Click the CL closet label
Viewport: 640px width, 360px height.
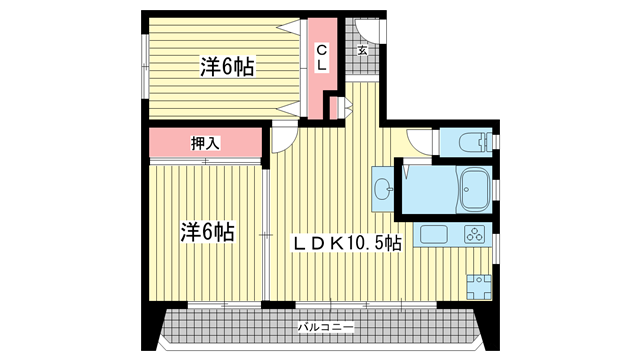pyautogui.click(x=322, y=57)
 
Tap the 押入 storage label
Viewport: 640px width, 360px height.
pyautogui.click(x=205, y=143)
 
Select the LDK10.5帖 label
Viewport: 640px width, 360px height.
pyautogui.click(x=346, y=243)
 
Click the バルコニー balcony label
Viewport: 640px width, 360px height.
pyautogui.click(x=325, y=327)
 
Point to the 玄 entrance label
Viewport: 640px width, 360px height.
pyautogui.click(x=362, y=50)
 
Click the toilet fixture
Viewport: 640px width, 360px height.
pyautogui.click(x=475, y=143)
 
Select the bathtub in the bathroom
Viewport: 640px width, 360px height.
pyautogui.click(x=475, y=189)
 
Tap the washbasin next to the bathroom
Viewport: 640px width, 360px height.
pyautogui.click(x=383, y=189)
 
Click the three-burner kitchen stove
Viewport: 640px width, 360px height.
pyautogui.click(x=474, y=235)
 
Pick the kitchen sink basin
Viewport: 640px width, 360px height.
pyautogui.click(x=434, y=235)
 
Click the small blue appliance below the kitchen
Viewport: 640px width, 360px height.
pyautogui.click(x=479, y=287)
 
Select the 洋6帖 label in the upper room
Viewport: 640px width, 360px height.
pyautogui.click(x=227, y=67)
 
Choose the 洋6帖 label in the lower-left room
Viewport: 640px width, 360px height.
pyautogui.click(x=208, y=231)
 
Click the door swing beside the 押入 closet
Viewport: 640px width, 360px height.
pyautogui.click(x=283, y=140)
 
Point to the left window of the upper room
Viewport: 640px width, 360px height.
pyautogui.click(x=145, y=67)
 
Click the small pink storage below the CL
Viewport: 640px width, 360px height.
pyautogui.click(x=333, y=108)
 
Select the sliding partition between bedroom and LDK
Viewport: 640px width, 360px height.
pyautogui.click(x=266, y=235)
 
